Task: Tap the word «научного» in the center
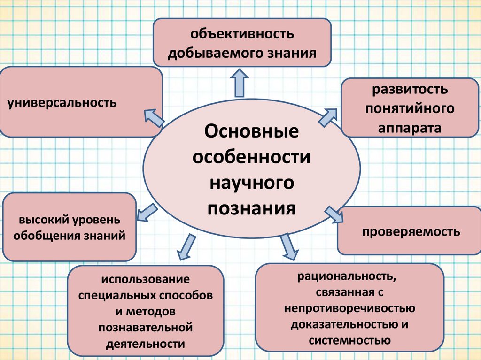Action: point(251,182)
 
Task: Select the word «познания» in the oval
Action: point(251,207)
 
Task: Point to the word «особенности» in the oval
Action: point(251,157)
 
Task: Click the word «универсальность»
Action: point(62,102)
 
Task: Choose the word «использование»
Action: point(146,280)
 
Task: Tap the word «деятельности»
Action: point(146,343)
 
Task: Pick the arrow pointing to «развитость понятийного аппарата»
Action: point(328,116)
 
